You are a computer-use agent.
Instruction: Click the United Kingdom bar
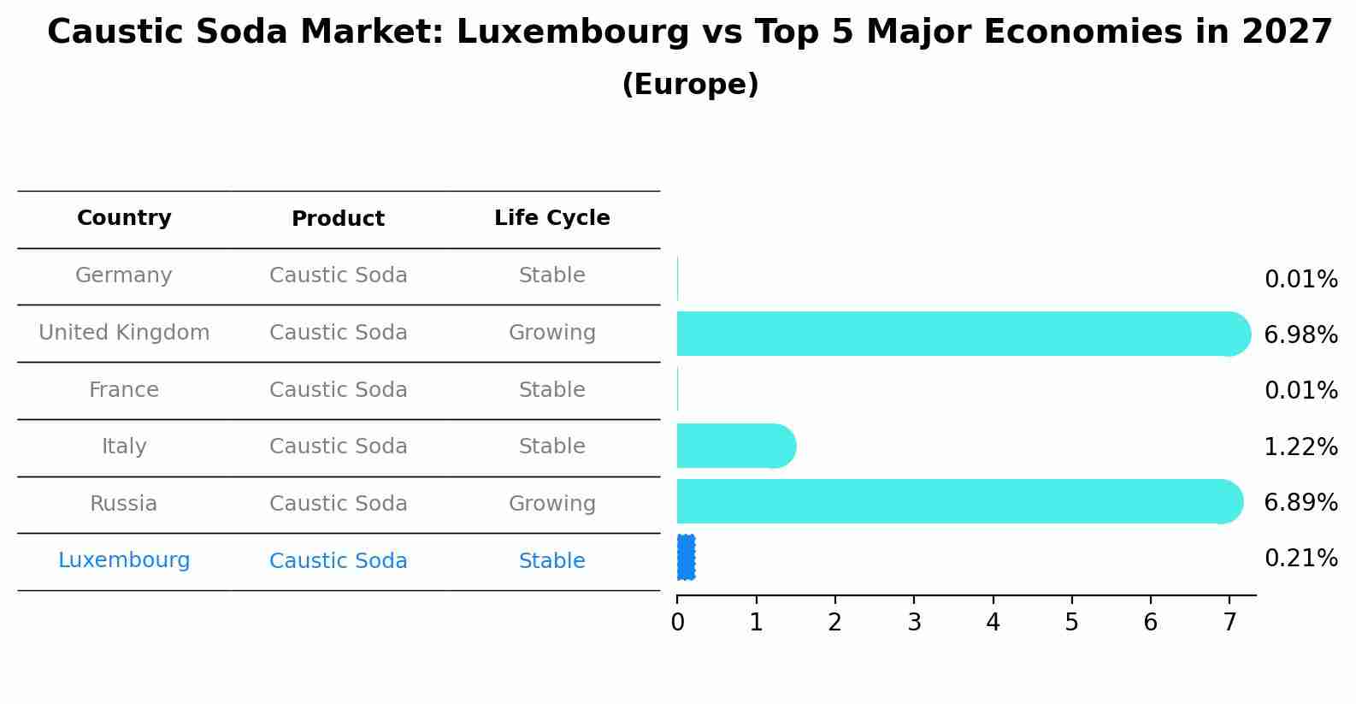tap(958, 334)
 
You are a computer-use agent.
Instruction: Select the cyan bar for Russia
tap(953, 501)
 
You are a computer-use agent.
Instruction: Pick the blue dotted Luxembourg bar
tap(686, 558)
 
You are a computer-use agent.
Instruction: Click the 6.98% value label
tap(1300, 335)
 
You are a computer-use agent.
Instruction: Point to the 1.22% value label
tap(1300, 447)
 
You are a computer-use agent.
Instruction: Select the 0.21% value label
tap(1300, 559)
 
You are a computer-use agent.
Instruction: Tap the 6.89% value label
tap(1300, 502)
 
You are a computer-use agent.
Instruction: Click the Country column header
tap(124, 218)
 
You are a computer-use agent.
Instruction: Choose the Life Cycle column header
tap(551, 218)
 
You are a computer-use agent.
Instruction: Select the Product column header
tap(338, 219)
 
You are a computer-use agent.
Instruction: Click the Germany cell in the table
tap(124, 275)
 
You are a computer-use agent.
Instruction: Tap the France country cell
tap(124, 390)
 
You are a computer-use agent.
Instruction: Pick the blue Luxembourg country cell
tap(124, 560)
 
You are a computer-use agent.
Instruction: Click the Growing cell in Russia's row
tap(551, 504)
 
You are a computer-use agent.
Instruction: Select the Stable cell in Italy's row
tap(551, 447)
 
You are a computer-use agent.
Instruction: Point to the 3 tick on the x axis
tap(914, 623)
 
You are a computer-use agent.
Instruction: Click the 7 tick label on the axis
tap(1229, 623)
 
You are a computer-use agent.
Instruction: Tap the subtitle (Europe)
tap(690, 85)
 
